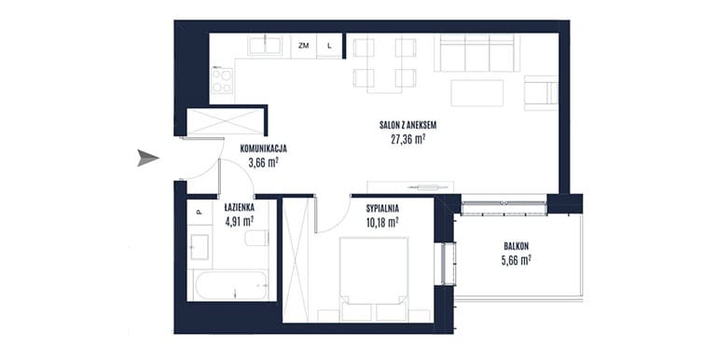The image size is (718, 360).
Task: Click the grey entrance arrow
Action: (148, 158)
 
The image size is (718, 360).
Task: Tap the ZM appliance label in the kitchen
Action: (303, 46)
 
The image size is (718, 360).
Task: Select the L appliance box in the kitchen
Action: (329, 46)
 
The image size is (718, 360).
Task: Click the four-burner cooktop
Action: (222, 81)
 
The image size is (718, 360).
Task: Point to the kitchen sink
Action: (265, 46)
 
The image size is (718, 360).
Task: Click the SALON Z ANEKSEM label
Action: (407, 125)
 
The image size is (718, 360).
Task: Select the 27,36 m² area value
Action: (408, 139)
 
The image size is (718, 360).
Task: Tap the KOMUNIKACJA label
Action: (263, 148)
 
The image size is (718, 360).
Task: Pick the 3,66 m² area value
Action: (264, 162)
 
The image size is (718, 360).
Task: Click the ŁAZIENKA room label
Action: (239, 208)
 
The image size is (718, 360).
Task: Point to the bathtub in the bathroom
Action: (231, 285)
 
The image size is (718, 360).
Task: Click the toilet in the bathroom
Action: (256, 238)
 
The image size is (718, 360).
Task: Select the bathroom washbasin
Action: (200, 247)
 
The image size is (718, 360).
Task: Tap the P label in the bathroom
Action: (199, 212)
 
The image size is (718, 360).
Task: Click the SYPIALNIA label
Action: (382, 209)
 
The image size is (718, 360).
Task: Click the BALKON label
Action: (516, 246)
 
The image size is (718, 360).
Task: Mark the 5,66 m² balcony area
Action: (516, 260)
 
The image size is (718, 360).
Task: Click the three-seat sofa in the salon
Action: (477, 53)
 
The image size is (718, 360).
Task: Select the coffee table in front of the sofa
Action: (477, 93)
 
